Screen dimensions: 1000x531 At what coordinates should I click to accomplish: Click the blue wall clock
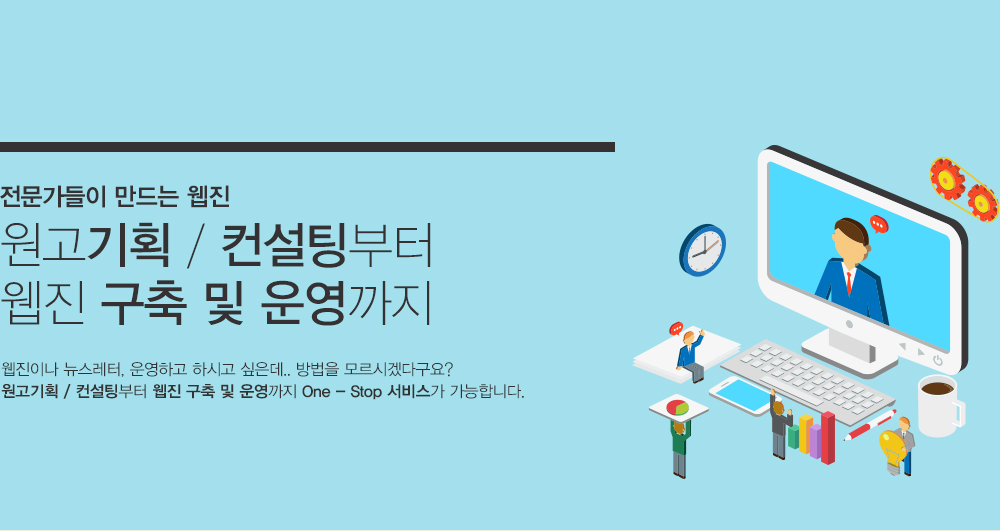coord(702,249)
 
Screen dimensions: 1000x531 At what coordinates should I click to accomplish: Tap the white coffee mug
coord(939,406)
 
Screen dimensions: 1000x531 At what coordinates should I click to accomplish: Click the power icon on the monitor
coord(938,360)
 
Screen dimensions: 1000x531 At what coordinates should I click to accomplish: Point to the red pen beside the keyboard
coord(870,425)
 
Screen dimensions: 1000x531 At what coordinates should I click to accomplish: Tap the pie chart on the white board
coord(678,407)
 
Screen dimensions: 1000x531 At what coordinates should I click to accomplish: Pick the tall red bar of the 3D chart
coord(828,437)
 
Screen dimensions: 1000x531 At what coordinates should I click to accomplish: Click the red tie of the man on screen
coord(849,283)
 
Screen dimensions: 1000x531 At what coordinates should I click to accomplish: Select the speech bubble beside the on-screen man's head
coord(879,224)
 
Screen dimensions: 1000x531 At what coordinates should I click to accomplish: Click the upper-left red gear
coord(947,179)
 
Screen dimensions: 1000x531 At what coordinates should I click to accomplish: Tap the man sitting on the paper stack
coord(690,354)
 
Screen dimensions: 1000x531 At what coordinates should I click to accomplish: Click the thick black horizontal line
coord(307,147)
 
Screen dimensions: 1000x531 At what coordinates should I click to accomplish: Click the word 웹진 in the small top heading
coord(209,196)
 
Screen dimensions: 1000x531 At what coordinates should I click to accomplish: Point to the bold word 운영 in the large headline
coord(303,303)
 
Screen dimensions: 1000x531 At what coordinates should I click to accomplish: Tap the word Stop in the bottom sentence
coord(365,391)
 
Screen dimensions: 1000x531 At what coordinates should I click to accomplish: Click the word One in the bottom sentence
coord(316,391)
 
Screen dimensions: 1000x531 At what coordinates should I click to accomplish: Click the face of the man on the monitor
coord(848,245)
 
